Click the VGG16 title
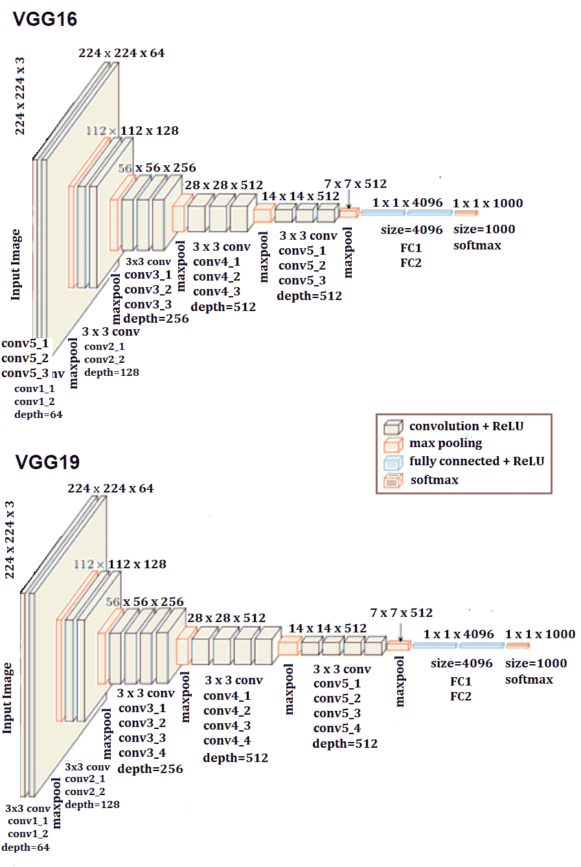tap(45, 19)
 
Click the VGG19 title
tap(47, 462)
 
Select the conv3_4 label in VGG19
tap(142, 753)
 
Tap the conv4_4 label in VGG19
tap(227, 741)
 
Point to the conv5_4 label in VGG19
tap(337, 728)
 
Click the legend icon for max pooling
tap(393, 445)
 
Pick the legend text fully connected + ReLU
tap(477, 461)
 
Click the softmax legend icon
tap(393, 480)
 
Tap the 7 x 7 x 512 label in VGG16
tap(356, 184)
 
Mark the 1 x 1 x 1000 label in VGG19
tap(540, 634)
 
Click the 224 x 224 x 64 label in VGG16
tap(122, 53)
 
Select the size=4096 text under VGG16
tap(412, 230)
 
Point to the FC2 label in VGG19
tap(461, 697)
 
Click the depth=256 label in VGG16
tap(156, 319)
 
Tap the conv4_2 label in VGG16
tap(216, 277)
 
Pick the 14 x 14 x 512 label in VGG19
tap(328, 629)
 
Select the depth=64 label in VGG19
tap(25, 848)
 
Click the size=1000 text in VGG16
tap(484, 229)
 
